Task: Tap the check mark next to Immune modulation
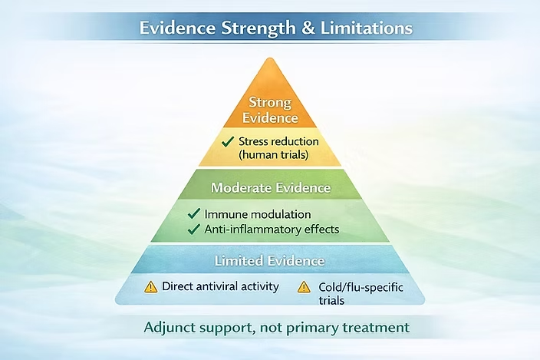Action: pos(195,214)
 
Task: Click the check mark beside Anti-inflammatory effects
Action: pos(195,229)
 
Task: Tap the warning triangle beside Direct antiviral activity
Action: pos(151,287)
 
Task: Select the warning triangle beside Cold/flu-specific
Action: pos(304,287)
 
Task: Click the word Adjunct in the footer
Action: pos(171,328)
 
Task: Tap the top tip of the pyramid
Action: pos(270,58)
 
